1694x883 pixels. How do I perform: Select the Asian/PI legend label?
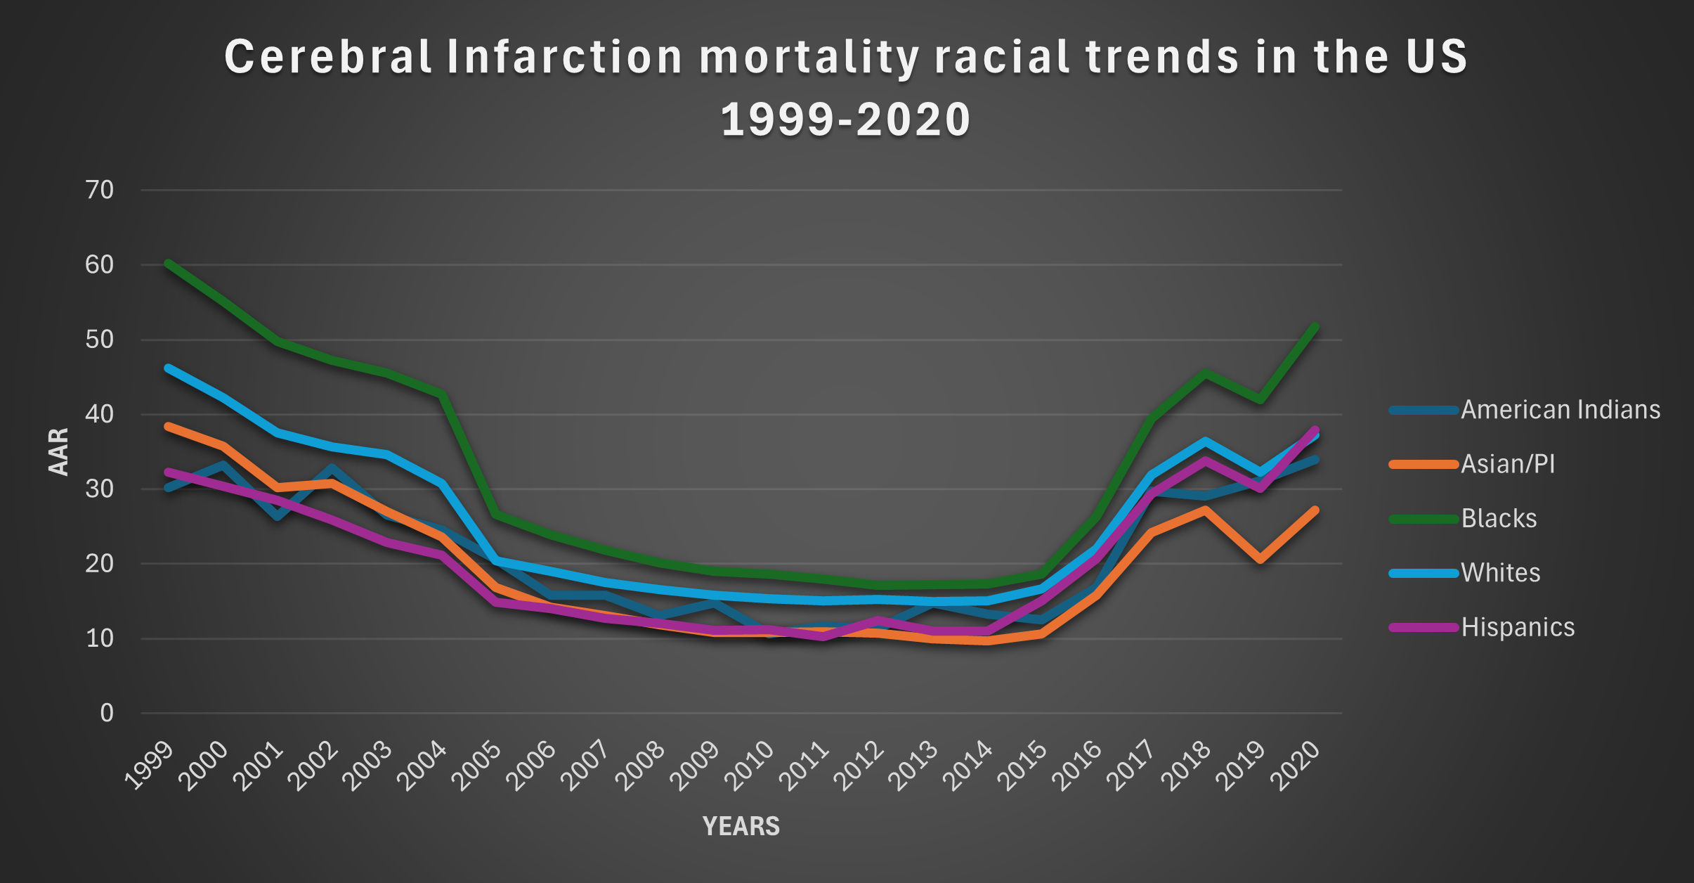pos(1508,464)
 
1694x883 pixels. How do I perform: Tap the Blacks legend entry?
pos(1499,519)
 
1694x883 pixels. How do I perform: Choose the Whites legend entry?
pos(1500,573)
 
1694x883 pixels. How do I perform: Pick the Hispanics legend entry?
pos(1518,627)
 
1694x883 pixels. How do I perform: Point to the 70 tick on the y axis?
pos(99,190)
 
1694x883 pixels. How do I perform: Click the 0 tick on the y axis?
pos(106,714)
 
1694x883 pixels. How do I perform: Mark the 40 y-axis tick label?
pos(99,414)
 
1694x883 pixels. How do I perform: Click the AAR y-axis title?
pos(59,451)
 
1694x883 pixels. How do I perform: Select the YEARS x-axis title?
pos(741,826)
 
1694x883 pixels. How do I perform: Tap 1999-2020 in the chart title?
pos(846,119)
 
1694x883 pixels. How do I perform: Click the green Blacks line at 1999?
pos(169,264)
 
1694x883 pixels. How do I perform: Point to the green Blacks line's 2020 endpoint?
pos(1315,327)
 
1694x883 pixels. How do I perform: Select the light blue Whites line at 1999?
pos(169,368)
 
